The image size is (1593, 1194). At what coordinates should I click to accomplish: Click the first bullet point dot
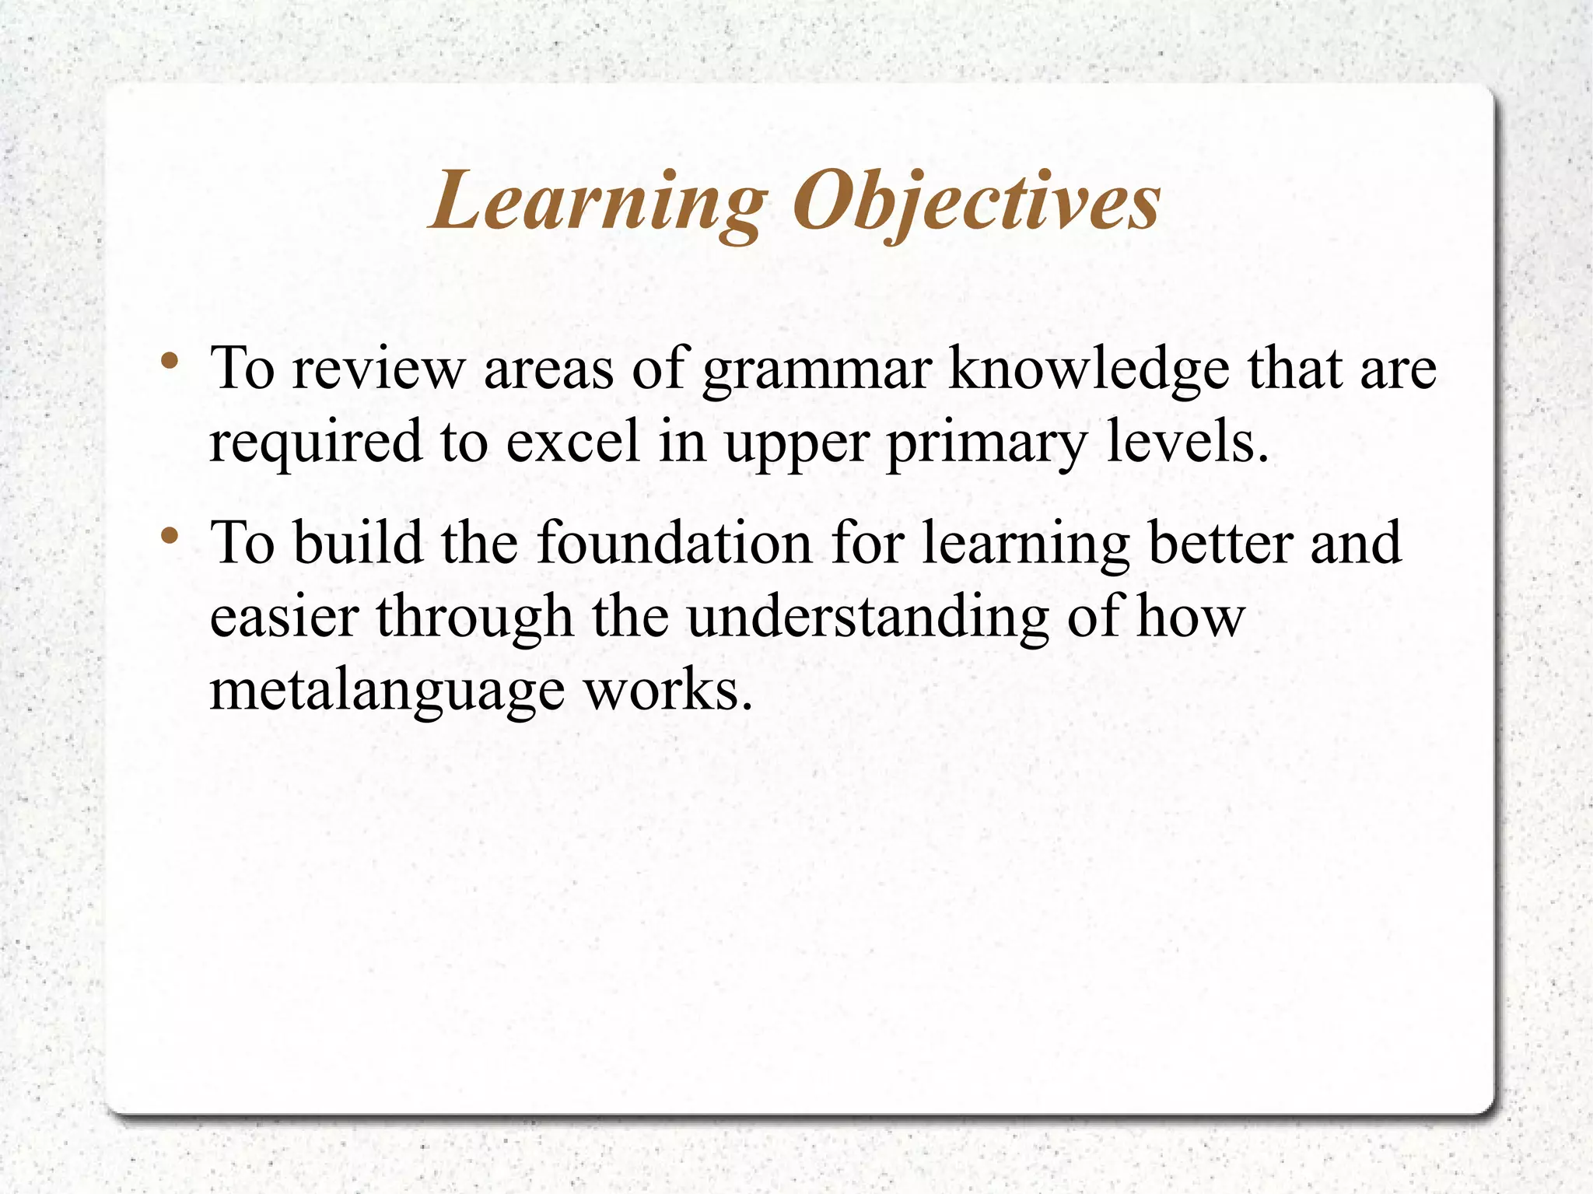pos(170,362)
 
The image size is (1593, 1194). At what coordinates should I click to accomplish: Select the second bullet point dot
pos(170,536)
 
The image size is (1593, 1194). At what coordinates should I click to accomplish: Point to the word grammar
pos(816,370)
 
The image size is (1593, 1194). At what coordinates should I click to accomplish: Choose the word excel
pos(573,441)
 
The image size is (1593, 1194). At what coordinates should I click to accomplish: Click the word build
pos(358,542)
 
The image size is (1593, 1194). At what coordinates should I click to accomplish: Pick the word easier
pos(284,616)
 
